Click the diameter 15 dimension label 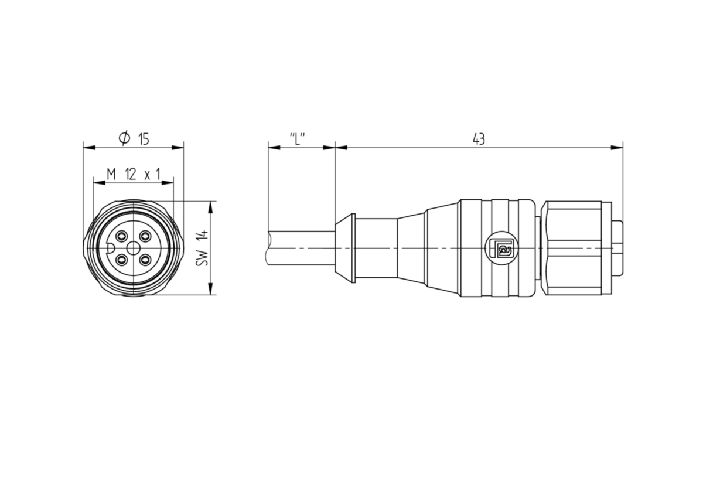tap(134, 138)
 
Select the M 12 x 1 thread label tap(134, 174)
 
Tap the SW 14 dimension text tap(202, 248)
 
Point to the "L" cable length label tap(297, 139)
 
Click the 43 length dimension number tap(479, 139)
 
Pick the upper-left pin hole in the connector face tap(121, 236)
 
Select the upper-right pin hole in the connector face tap(145, 236)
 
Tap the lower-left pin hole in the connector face tap(121, 260)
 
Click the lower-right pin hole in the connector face tap(145, 260)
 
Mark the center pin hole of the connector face tap(134, 249)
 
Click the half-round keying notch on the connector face tap(110, 249)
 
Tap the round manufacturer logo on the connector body tap(501, 248)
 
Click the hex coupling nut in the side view tap(574, 248)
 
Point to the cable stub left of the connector tap(300, 249)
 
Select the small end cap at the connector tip tap(617, 248)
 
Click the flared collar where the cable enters tap(345, 248)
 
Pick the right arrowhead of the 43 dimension tap(617, 148)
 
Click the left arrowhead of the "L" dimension tap(274, 148)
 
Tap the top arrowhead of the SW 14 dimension tap(210, 207)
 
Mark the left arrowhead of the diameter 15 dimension tap(89, 148)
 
